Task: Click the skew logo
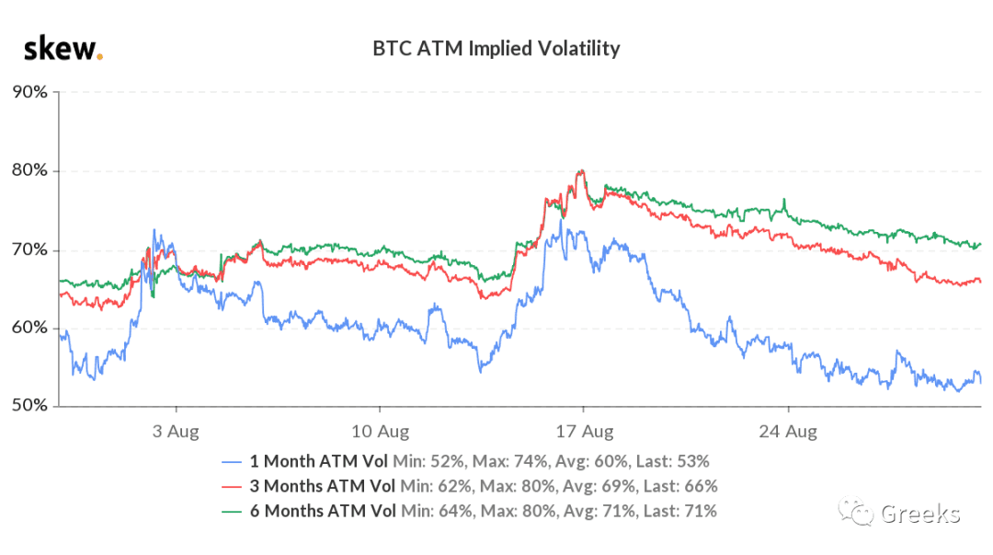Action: click(63, 48)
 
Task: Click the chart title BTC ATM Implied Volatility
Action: click(496, 49)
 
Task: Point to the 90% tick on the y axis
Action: click(29, 92)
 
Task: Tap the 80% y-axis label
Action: click(29, 170)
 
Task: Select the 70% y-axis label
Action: click(29, 249)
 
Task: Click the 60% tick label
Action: click(29, 328)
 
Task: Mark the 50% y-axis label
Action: click(29, 405)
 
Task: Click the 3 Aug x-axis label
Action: click(176, 432)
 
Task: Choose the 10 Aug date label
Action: click(380, 432)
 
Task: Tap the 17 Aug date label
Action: click(585, 432)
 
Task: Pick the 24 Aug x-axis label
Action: click(788, 432)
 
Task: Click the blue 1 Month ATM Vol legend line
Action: click(232, 462)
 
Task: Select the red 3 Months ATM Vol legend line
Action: click(232, 487)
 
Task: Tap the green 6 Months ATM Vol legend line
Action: click(232, 511)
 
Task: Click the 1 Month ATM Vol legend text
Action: click(318, 461)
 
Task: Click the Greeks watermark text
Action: click(920, 514)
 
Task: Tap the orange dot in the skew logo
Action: click(99, 57)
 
